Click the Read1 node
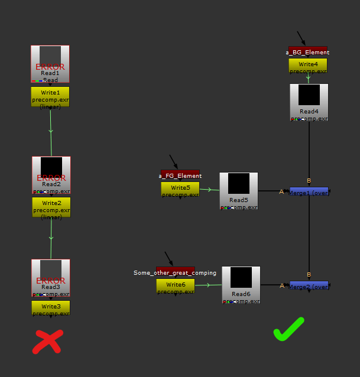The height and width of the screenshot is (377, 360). (x=50, y=64)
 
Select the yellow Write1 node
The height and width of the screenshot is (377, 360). (x=50, y=97)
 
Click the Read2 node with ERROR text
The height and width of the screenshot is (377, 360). (x=51, y=175)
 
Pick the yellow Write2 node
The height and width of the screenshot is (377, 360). (x=51, y=207)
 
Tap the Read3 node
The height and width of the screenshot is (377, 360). (x=51, y=278)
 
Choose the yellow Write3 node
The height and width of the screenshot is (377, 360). (x=51, y=308)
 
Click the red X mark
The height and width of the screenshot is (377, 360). (x=48, y=342)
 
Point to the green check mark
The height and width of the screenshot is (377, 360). (x=288, y=329)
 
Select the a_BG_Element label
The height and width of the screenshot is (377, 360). (x=307, y=52)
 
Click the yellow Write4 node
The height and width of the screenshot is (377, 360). (x=307, y=66)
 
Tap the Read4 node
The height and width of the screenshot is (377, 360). (x=309, y=102)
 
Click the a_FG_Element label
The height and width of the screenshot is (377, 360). (x=180, y=175)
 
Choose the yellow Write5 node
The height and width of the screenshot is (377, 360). (x=180, y=189)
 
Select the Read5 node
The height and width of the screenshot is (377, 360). (x=239, y=191)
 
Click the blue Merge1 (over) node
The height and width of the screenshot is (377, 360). (x=309, y=191)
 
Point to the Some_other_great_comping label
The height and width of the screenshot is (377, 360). (x=175, y=272)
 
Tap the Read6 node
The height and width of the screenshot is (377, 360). (x=241, y=285)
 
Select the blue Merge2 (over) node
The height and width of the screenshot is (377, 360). (x=309, y=286)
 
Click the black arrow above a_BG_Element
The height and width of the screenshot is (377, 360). (x=301, y=38)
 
